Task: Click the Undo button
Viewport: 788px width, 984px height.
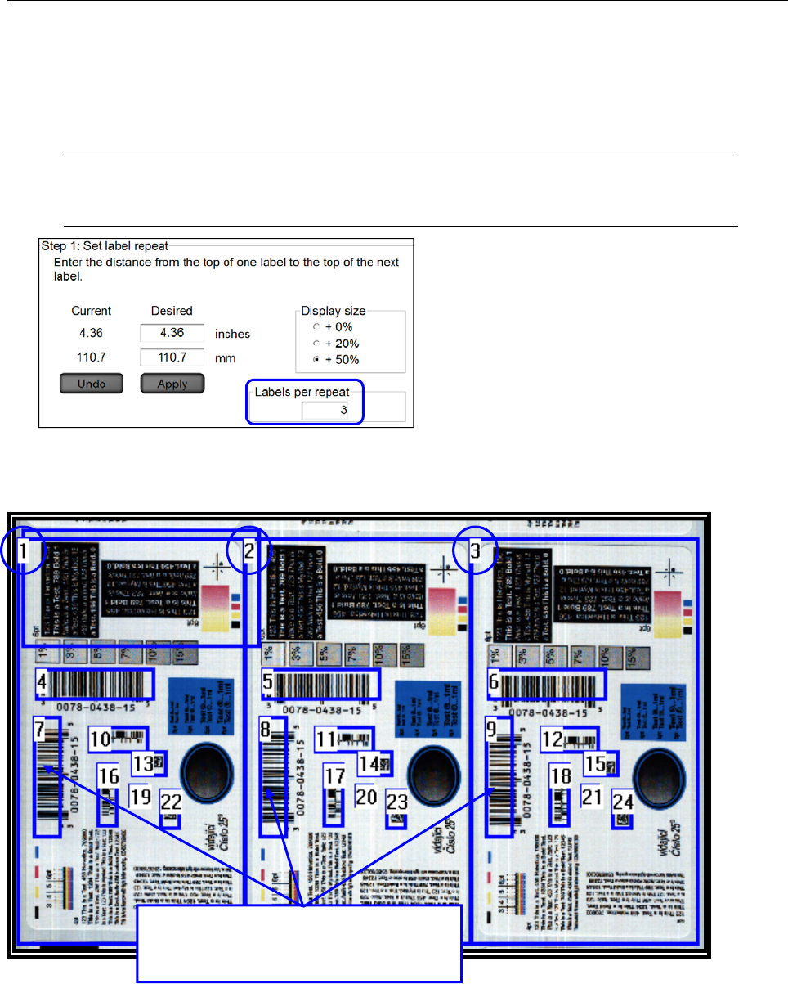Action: (x=92, y=384)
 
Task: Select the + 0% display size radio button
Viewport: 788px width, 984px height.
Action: (x=304, y=327)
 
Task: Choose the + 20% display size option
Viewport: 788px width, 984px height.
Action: (x=304, y=343)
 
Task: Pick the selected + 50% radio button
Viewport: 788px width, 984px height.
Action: (x=304, y=359)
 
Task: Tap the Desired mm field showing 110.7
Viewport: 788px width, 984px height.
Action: (x=172, y=357)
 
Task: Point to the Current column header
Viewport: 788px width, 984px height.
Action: (x=92, y=311)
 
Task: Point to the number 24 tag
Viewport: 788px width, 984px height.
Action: (x=623, y=801)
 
